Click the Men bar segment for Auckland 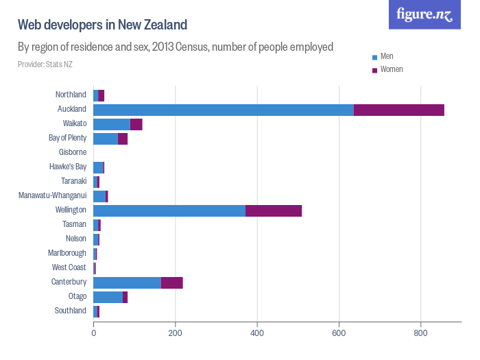[224, 109]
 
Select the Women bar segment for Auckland [399, 109]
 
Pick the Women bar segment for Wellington [274, 211]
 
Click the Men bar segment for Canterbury [127, 283]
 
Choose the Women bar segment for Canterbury [172, 283]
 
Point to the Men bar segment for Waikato [112, 123]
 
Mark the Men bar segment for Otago [108, 297]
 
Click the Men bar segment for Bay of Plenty [106, 139]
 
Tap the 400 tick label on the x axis [257, 334]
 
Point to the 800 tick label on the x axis [421, 334]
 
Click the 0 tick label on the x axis [93, 334]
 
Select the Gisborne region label [72, 152]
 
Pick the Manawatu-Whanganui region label [53, 195]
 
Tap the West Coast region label [69, 267]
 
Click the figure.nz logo [424, 14]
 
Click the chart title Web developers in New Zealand [102, 25]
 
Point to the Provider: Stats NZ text [45, 64]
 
